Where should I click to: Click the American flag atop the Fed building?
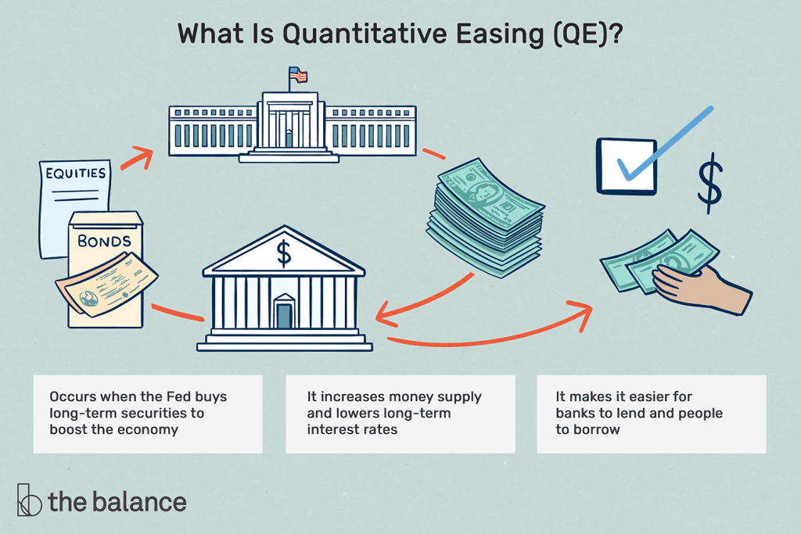pyautogui.click(x=298, y=75)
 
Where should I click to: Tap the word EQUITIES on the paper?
pyautogui.click(x=76, y=174)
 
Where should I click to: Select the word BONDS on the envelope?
pyautogui.click(x=104, y=241)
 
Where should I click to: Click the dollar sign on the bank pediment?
pyautogui.click(x=284, y=254)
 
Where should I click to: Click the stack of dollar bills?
pyautogui.click(x=485, y=217)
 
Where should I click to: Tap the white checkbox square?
pyautogui.click(x=627, y=166)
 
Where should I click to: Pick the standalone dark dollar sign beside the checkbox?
pyautogui.click(x=710, y=183)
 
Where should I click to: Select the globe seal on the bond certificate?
pyautogui.click(x=88, y=298)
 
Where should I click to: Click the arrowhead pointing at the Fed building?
pyautogui.click(x=144, y=156)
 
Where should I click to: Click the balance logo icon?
pyautogui.click(x=29, y=500)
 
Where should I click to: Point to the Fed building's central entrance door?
pyautogui.click(x=289, y=138)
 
